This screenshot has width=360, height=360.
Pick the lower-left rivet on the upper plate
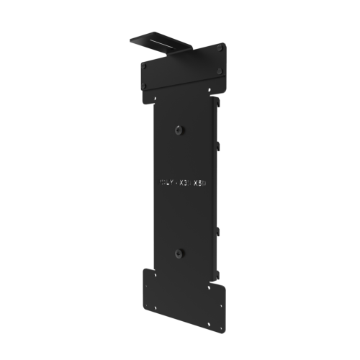coord(145,86)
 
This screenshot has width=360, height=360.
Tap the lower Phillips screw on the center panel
coord(179,253)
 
